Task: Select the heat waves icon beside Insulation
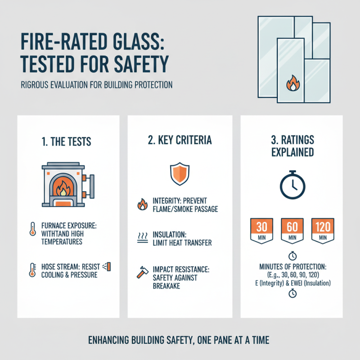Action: point(141,237)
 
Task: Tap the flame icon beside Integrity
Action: point(141,205)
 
